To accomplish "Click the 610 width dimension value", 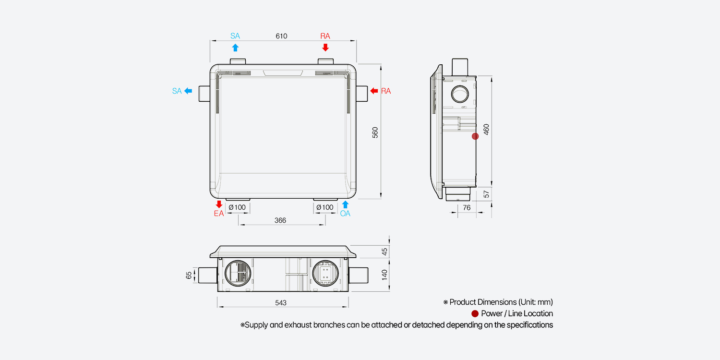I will [x=281, y=36].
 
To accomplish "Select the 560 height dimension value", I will [x=375, y=132].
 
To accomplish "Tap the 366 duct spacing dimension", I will [x=280, y=220].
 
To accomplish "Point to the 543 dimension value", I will [x=281, y=303].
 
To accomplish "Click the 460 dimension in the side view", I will [x=486, y=130].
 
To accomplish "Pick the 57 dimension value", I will [x=486, y=194].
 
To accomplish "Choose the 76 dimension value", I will [x=467, y=208].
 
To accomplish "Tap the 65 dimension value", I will [x=189, y=275].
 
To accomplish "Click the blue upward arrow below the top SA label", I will [x=235, y=47].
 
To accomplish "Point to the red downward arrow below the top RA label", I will [x=325, y=47].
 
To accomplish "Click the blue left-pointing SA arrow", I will [x=188, y=91].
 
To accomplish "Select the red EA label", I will [x=219, y=214].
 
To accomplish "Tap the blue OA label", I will [x=345, y=214].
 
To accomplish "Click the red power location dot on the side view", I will [x=475, y=136].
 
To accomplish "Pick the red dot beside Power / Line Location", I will [x=475, y=314].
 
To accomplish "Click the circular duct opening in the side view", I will [x=460, y=94].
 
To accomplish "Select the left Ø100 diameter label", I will [x=237, y=207].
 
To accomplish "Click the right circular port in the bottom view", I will [x=325, y=275].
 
